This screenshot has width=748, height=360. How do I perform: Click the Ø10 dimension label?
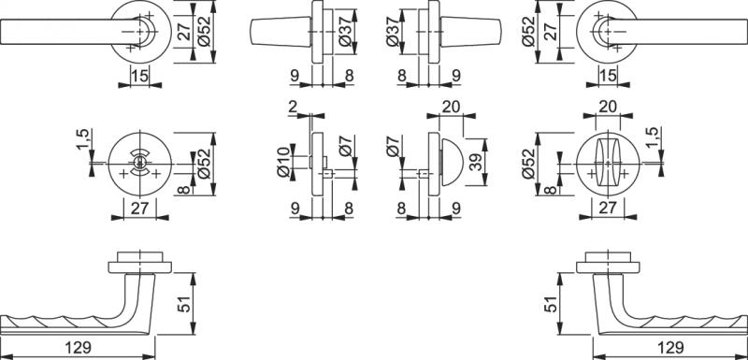tap(284, 162)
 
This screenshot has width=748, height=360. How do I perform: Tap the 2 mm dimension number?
tap(294, 107)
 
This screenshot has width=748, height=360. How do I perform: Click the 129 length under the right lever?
tap(670, 347)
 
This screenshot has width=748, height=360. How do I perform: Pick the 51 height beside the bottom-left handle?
tap(184, 304)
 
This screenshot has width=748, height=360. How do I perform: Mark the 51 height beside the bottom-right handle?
tap(551, 304)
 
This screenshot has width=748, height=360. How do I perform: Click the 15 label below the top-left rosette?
tap(139, 76)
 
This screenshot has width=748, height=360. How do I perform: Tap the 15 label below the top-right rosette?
tap(608, 76)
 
